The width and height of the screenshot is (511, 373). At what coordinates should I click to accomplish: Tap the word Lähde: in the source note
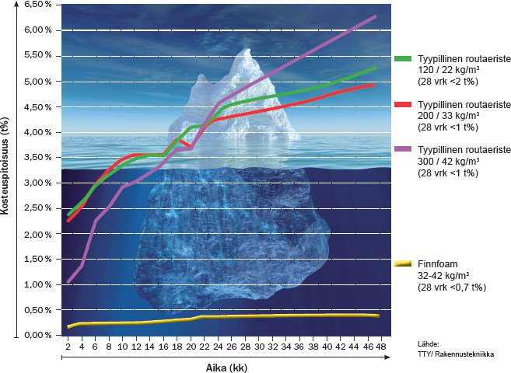click(429, 343)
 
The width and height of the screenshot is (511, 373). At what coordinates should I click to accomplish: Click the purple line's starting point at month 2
click(68, 281)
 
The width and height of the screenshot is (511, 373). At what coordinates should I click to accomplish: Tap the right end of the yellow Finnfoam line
click(378, 315)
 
